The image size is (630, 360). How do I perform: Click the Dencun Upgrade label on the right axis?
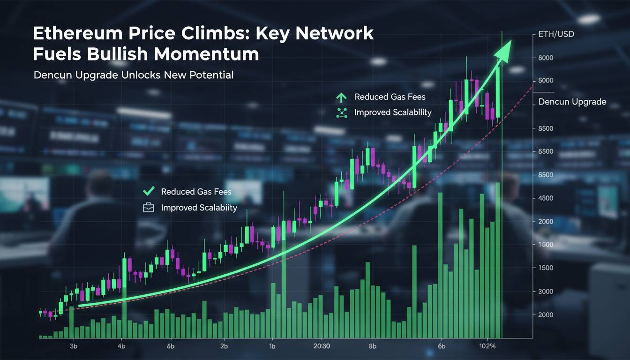click(x=572, y=102)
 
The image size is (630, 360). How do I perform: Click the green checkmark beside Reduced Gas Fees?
click(x=148, y=191)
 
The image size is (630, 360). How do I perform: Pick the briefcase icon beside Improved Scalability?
click(x=148, y=207)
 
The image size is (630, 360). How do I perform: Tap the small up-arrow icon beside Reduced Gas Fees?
click(x=341, y=97)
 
